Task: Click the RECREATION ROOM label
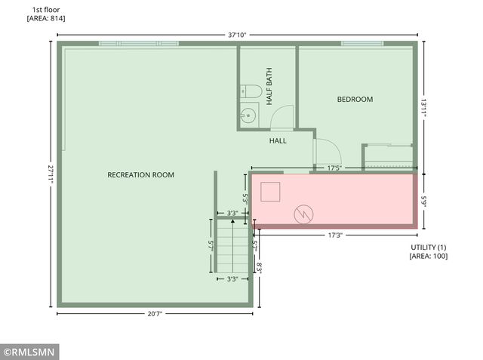(140, 175)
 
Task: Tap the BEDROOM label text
(355, 99)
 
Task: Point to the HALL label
(278, 140)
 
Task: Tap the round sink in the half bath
(248, 115)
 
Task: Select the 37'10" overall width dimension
(238, 34)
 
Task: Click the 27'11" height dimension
(51, 174)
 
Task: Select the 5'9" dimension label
(424, 202)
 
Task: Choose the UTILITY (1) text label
(429, 248)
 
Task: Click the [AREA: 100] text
(429, 257)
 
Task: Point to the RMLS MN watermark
(29, 352)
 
